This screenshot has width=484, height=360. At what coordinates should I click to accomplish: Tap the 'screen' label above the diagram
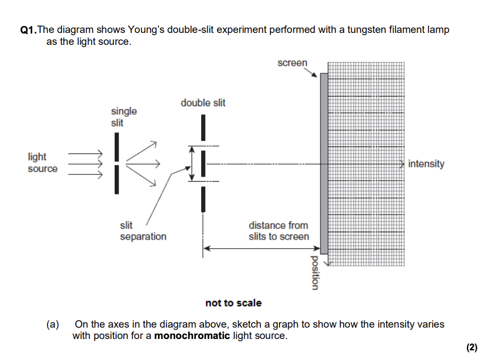click(292, 63)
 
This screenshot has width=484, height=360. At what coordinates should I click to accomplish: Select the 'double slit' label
click(203, 103)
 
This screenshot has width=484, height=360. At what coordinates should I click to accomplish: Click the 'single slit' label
click(124, 117)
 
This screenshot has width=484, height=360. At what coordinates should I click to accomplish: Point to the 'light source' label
click(42, 162)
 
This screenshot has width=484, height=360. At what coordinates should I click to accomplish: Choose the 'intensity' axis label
click(426, 164)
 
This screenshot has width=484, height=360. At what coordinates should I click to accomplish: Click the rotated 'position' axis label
click(315, 273)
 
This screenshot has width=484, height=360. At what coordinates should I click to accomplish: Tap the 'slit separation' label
click(143, 231)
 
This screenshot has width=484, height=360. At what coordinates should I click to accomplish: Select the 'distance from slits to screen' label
click(279, 231)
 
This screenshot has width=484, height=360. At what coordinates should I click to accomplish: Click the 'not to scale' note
click(233, 303)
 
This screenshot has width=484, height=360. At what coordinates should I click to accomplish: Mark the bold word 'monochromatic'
click(192, 336)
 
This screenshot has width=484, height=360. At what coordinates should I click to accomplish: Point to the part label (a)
click(53, 324)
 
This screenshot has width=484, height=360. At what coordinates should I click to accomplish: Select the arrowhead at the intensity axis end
click(402, 164)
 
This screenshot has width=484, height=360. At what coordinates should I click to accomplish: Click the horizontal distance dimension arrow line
click(261, 248)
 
